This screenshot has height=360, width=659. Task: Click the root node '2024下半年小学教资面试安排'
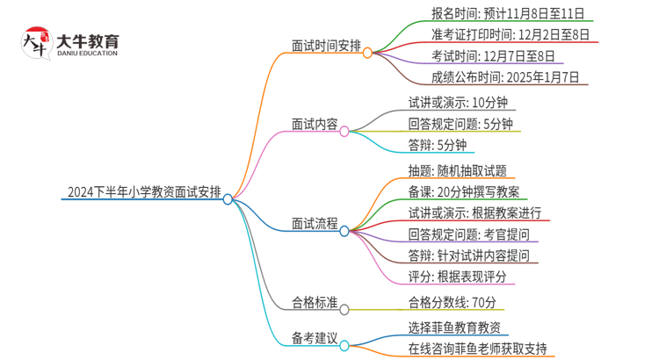pyautogui.click(x=144, y=191)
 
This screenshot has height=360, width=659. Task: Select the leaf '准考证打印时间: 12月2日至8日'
pyautogui.click(x=498, y=35)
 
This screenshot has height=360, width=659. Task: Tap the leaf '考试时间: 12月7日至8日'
pyautogui.click(x=482, y=56)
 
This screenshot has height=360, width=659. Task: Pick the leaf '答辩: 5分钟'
pyautogui.click(x=438, y=146)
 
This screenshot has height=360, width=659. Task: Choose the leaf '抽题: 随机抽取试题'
pyautogui.click(x=458, y=171)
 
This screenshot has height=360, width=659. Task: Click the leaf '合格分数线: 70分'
pyautogui.click(x=453, y=303)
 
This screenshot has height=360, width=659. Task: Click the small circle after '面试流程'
pyautogui.click(x=344, y=231)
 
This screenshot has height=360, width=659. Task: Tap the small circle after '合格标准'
pyautogui.click(x=344, y=309)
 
